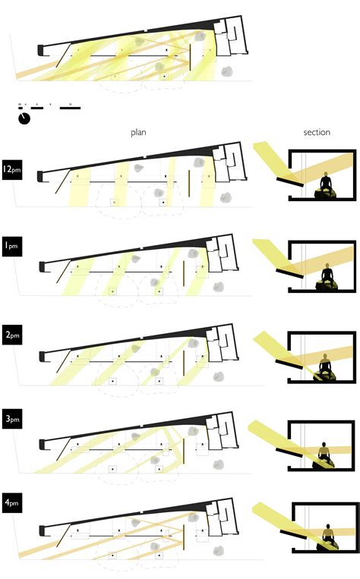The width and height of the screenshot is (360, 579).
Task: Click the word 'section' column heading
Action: [x=317, y=132]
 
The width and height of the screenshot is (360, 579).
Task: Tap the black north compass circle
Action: [x=24, y=119]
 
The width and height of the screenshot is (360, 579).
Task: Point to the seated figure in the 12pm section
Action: [x=327, y=183]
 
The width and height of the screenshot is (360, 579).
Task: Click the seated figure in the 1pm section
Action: [x=327, y=275]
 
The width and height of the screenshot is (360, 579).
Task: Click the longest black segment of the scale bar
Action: [x=70, y=109]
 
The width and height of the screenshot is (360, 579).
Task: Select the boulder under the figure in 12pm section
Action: [x=328, y=194]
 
